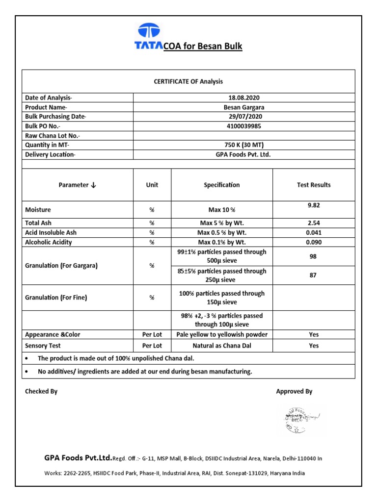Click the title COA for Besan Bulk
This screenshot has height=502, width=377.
coord(202,47)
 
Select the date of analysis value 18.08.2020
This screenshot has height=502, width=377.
coord(244,98)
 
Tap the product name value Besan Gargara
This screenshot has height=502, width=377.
coord(244,107)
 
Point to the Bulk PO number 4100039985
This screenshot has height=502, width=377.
coord(244,126)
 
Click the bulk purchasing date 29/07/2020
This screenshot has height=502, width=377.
coord(244,117)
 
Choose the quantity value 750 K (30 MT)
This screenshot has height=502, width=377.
coord(244,145)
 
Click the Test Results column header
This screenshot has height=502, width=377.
coord(314,185)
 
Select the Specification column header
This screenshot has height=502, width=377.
coord(222,185)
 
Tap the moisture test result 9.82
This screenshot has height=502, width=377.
coord(314,205)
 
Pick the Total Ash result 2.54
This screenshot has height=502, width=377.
coord(314,223)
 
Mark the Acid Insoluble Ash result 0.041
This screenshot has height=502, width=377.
coord(314,232)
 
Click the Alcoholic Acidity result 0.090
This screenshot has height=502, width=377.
coord(314,242)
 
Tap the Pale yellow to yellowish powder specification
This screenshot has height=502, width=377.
coord(222,334)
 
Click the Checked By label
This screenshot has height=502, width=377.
coord(41,391)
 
